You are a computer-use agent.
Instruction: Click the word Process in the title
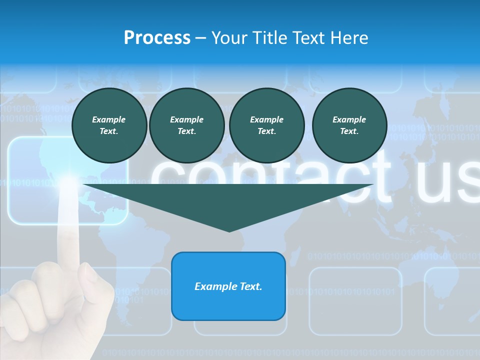tap(157, 38)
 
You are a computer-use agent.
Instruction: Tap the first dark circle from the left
tap(109, 125)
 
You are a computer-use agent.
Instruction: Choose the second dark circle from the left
tap(187, 125)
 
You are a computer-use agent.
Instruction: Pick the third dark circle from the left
tap(267, 125)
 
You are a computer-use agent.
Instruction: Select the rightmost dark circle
tap(349, 125)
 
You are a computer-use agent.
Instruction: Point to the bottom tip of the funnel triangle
tap(229, 231)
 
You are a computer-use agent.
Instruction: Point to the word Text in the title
tap(308, 38)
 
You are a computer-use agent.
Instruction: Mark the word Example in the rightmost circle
tap(349, 119)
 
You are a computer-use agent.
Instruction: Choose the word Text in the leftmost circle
tap(109, 131)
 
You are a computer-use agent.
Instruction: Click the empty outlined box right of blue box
tap(355, 301)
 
